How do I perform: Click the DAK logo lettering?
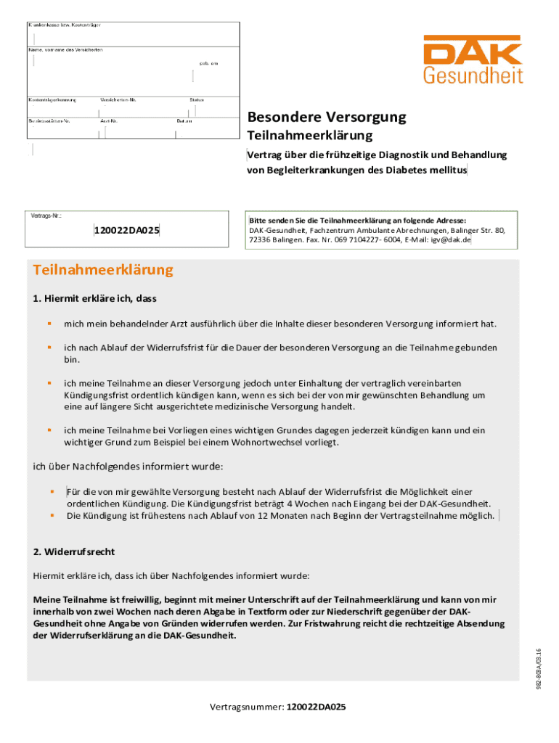[473, 54]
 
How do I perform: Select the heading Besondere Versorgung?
[327, 118]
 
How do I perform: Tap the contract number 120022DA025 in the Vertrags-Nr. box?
[126, 231]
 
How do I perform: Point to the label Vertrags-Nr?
[46, 216]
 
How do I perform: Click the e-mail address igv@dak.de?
[451, 239]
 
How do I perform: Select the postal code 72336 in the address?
[261, 239]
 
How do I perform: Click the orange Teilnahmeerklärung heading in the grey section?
[104, 270]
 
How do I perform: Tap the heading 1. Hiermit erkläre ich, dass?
[95, 298]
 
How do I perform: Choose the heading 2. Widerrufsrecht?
[74, 551]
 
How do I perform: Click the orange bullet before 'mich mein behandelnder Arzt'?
[49, 323]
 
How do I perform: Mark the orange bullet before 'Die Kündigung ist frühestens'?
[52, 516]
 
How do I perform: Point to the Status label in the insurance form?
[197, 99]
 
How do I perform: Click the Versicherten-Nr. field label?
[119, 99]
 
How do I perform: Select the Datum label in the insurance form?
[184, 120]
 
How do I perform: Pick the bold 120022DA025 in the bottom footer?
[316, 707]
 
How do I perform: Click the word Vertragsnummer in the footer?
[246, 707]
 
